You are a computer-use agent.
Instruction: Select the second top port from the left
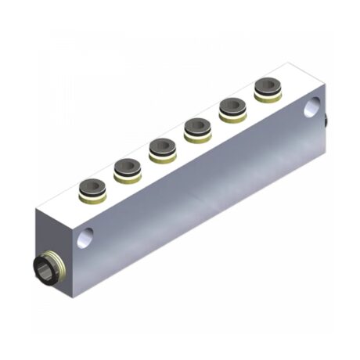tap(126, 169)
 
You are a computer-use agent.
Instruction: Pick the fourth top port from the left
tap(196, 128)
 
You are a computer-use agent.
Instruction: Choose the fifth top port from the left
tap(232, 109)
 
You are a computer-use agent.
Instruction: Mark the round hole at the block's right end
tap(315, 105)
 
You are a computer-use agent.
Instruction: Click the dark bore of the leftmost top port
tap(92, 187)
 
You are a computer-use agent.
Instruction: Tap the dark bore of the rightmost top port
tap(267, 85)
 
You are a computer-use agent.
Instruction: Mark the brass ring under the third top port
tap(161, 155)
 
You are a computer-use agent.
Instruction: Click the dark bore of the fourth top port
tap(196, 124)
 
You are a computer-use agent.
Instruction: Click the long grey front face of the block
tap(203, 196)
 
